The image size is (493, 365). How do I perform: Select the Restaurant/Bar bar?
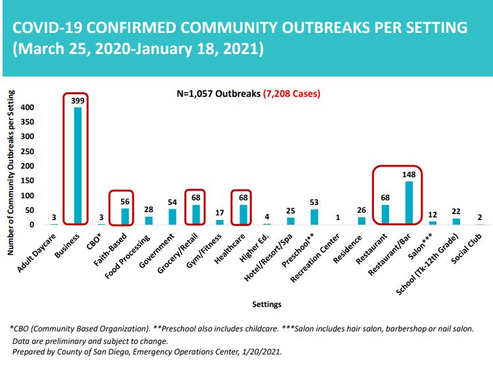pos(409,203)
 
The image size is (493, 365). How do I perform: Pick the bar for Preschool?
pos(314,217)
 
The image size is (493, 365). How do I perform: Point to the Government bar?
pos(172,217)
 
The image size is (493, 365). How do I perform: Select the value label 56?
pos(125,202)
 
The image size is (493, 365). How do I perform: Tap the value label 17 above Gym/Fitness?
pos(220,213)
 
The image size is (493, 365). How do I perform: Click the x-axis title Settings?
pos(267,304)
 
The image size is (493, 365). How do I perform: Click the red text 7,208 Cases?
pos(292,94)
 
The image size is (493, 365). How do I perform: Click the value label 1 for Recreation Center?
pos(338,217)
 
